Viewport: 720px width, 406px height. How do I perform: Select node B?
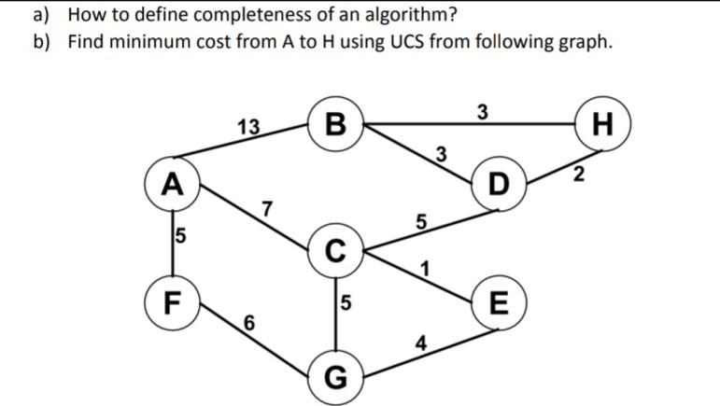(336, 122)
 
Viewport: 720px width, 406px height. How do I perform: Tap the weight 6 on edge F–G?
(248, 323)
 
